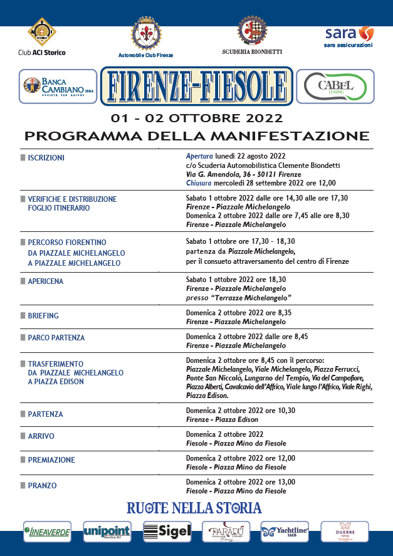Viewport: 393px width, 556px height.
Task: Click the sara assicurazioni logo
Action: pos(348,36)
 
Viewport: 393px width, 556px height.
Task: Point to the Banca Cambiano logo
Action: pos(58,86)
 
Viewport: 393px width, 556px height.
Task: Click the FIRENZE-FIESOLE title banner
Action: pos(196,86)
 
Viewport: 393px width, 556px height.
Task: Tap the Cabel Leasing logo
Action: pos(335,86)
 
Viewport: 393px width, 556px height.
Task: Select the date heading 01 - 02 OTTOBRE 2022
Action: pos(196,118)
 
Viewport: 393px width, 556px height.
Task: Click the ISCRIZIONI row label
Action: pos(46,158)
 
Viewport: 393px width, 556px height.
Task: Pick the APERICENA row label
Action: pos(45,281)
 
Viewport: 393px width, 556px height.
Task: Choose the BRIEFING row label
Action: pos(43,316)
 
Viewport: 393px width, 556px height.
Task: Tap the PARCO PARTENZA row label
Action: pos(56,338)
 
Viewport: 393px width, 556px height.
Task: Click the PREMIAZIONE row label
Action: pos(51,459)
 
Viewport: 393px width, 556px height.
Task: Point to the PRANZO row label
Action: pos(42,485)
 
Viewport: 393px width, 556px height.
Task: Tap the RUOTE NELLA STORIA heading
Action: pos(194,507)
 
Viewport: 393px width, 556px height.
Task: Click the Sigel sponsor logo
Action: pos(167,532)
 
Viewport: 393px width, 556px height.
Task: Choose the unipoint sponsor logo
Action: pos(107,532)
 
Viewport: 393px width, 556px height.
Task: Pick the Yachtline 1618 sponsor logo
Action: pos(285,532)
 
